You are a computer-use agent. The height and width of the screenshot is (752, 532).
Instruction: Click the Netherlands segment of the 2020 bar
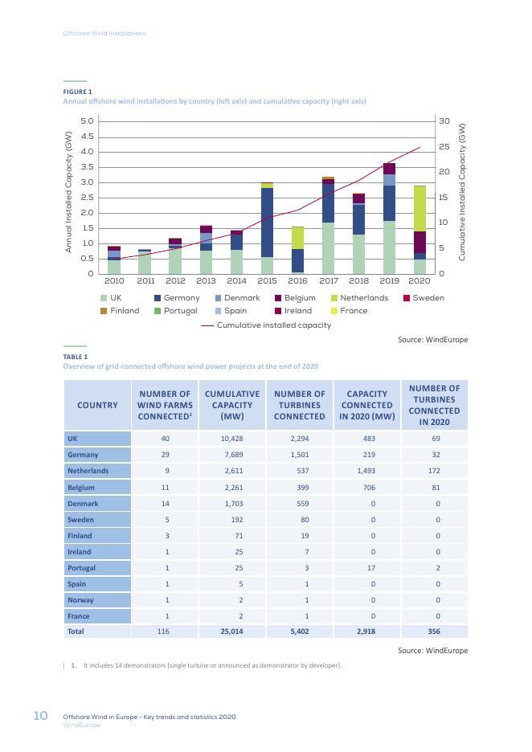tap(419, 209)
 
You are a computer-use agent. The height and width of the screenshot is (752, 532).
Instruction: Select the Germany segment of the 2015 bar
tap(267, 223)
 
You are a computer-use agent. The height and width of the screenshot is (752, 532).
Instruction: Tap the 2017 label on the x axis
tap(329, 281)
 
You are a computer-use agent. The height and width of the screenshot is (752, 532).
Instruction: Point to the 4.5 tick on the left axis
tap(88, 137)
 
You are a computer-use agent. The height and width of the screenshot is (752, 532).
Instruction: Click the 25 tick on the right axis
tap(444, 147)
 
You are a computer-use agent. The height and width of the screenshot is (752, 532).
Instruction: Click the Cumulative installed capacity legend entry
tap(266, 325)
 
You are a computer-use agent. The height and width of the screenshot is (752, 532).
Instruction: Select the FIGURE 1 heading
tap(77, 92)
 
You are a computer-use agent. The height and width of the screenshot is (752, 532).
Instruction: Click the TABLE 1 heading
tap(76, 357)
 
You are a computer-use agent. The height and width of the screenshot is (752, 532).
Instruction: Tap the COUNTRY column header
tap(97, 405)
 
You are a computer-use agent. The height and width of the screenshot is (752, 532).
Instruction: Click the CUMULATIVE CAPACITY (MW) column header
tap(232, 405)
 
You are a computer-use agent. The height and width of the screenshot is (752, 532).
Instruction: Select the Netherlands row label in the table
tap(88, 471)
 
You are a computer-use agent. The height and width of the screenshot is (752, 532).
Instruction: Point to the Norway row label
tap(80, 600)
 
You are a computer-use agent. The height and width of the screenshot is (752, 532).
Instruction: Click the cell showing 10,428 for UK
tap(232, 439)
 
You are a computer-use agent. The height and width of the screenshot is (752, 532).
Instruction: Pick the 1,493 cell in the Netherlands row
tap(366, 471)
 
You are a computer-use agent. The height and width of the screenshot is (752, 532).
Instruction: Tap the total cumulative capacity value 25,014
tap(231, 631)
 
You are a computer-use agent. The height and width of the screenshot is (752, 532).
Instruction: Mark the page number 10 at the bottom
tap(40, 716)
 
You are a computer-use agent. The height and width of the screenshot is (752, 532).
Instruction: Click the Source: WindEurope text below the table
tap(432, 651)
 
